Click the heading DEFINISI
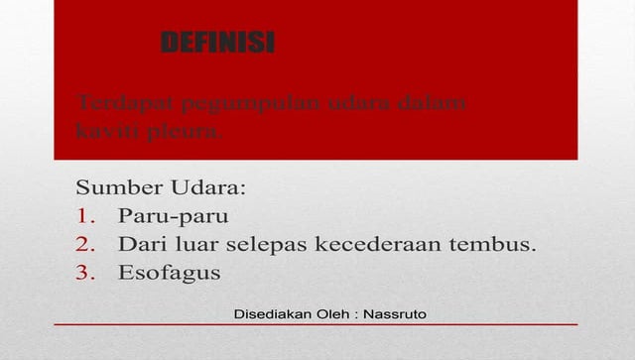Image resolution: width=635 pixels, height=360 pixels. click(x=217, y=43)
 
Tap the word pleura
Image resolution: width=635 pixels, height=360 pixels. click(x=190, y=130)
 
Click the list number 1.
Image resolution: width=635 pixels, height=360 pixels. click(x=83, y=215)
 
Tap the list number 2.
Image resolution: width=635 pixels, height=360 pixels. click(x=83, y=244)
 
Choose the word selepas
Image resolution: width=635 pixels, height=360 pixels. click(x=270, y=244)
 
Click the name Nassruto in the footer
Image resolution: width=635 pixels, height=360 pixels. click(x=395, y=314)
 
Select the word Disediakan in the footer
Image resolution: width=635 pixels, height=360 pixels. click(x=269, y=314)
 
